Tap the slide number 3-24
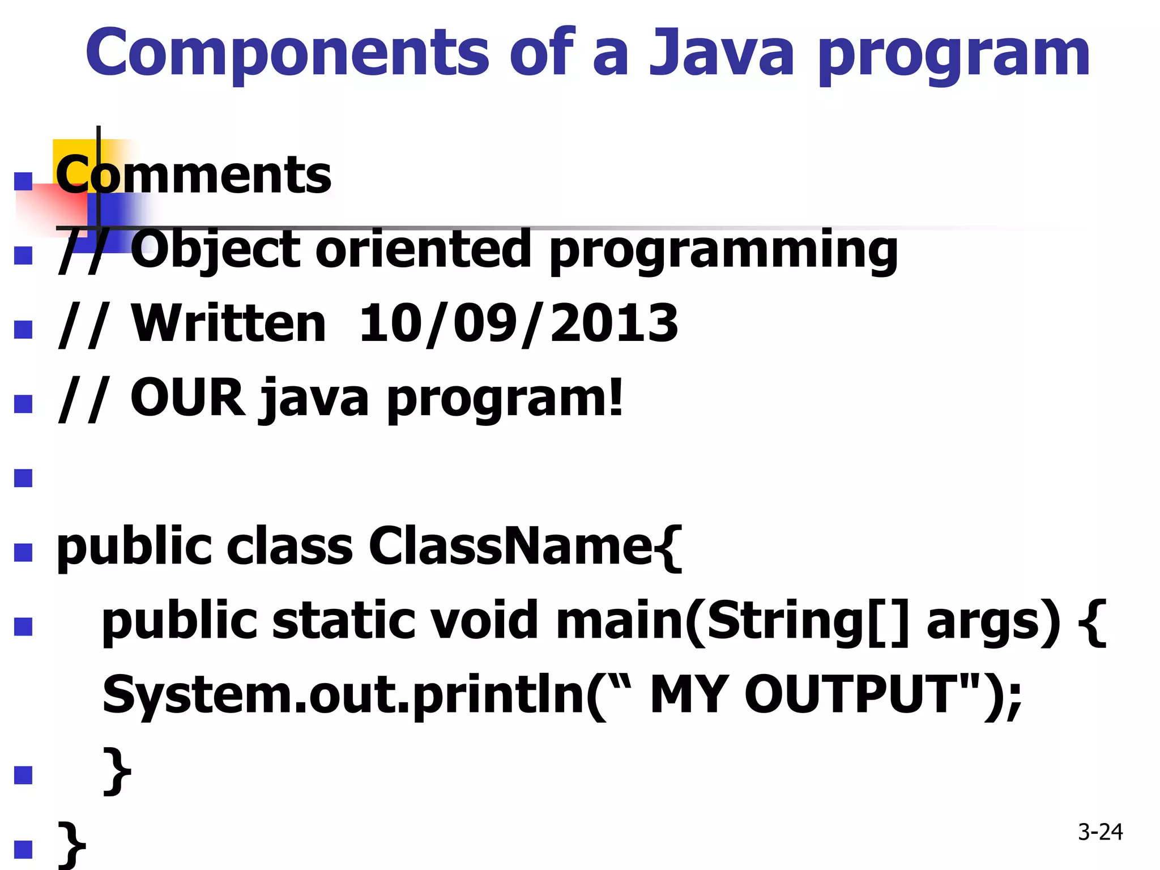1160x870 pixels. [1100, 831]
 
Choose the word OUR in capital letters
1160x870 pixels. [187, 398]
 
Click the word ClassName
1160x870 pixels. [510, 547]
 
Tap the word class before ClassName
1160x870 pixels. [290, 547]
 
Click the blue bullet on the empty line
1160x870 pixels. [23, 478]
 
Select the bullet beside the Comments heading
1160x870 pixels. [23, 181]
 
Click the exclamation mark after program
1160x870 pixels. [615, 398]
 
